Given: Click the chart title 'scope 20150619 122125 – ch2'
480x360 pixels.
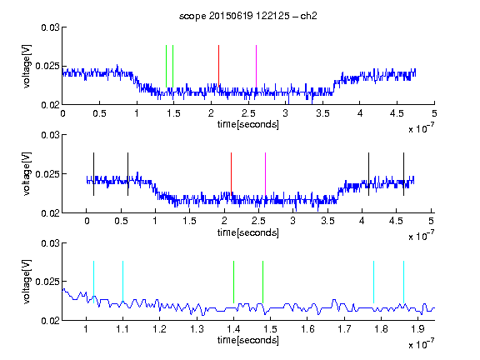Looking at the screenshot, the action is [247, 16].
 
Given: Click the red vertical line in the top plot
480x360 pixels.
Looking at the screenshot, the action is [218, 67].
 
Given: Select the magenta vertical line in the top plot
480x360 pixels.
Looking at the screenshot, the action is [256, 67].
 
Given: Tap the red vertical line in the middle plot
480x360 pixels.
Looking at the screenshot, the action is [231, 174].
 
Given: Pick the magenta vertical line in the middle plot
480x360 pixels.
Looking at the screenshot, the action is [265, 174].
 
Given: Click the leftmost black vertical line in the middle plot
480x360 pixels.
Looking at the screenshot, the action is [93, 174].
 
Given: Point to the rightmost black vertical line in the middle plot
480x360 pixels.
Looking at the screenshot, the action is [403, 174].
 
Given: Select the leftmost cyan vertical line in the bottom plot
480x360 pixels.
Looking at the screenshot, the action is [93, 282].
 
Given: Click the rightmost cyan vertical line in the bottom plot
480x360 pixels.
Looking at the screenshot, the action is [403, 282].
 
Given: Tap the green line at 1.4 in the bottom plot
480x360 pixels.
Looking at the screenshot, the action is [233, 282].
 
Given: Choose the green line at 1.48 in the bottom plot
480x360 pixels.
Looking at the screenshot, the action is [262, 282].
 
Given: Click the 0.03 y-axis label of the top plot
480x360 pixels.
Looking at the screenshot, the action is [50, 27].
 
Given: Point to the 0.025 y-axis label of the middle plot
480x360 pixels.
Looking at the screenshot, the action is [47, 174].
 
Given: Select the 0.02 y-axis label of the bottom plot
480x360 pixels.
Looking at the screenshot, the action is [50, 320].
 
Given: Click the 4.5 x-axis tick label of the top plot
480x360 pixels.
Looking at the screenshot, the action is [397, 113].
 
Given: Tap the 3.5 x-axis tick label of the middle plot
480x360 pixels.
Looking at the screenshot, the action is [327, 221].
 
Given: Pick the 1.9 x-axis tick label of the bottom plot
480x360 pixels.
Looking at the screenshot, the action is [417, 329].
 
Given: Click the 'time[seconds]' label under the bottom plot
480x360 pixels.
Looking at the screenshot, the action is [248, 340].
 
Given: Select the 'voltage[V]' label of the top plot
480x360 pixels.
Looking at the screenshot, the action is [27, 67].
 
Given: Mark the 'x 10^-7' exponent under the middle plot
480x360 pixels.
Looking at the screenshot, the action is [421, 235].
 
